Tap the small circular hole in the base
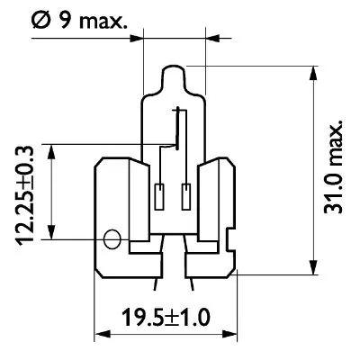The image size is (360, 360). point(112,239)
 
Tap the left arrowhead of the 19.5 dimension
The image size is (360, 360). point(101,333)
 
